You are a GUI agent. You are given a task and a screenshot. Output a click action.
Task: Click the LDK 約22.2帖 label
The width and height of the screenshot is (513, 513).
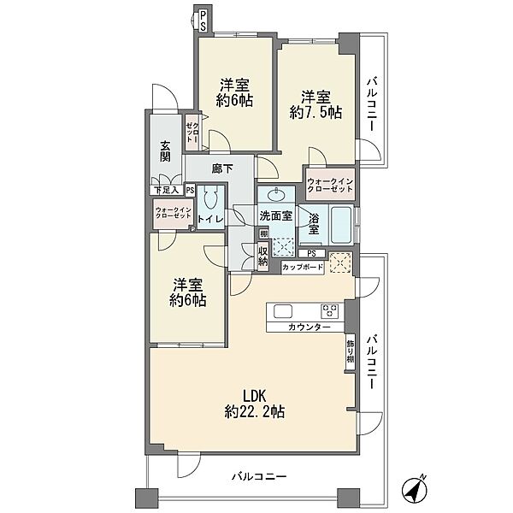click(254, 404)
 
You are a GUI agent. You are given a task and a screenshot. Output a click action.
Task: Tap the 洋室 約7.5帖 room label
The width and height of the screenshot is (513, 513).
click(315, 104)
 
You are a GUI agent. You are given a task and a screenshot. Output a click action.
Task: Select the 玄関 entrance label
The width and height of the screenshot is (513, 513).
click(166, 151)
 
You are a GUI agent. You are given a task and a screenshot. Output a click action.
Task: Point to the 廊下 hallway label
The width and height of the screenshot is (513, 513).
click(222, 168)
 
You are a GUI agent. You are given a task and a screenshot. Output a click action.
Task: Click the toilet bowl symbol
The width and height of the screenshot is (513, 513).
click(210, 197)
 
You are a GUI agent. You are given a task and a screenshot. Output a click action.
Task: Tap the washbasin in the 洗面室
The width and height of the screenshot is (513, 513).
click(276, 195)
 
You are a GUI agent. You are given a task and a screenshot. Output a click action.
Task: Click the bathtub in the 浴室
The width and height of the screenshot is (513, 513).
click(341, 225)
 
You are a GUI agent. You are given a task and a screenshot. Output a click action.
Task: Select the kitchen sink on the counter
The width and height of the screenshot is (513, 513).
click(283, 311)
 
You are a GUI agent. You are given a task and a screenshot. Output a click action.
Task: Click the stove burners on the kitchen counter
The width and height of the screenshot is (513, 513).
click(329, 311)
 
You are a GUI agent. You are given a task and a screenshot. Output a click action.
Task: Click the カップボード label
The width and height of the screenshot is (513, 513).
click(303, 268)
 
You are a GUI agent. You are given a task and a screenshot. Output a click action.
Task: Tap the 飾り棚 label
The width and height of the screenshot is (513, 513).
click(350, 352)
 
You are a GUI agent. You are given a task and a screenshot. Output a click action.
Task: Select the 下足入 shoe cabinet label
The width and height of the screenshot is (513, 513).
click(167, 191)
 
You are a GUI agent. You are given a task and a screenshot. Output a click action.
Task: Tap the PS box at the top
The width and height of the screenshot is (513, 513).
click(203, 21)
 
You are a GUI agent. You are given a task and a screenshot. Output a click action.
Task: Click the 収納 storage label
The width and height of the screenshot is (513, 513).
click(263, 256)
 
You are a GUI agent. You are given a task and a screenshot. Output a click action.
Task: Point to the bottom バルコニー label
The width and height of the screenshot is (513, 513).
click(259, 477)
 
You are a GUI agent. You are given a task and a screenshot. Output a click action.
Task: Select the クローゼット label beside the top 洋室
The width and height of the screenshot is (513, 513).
click(192, 133)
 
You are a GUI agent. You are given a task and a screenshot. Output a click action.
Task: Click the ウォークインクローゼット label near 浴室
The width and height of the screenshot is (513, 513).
click(330, 186)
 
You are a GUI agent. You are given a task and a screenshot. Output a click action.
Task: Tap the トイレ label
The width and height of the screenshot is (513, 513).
click(210, 220)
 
